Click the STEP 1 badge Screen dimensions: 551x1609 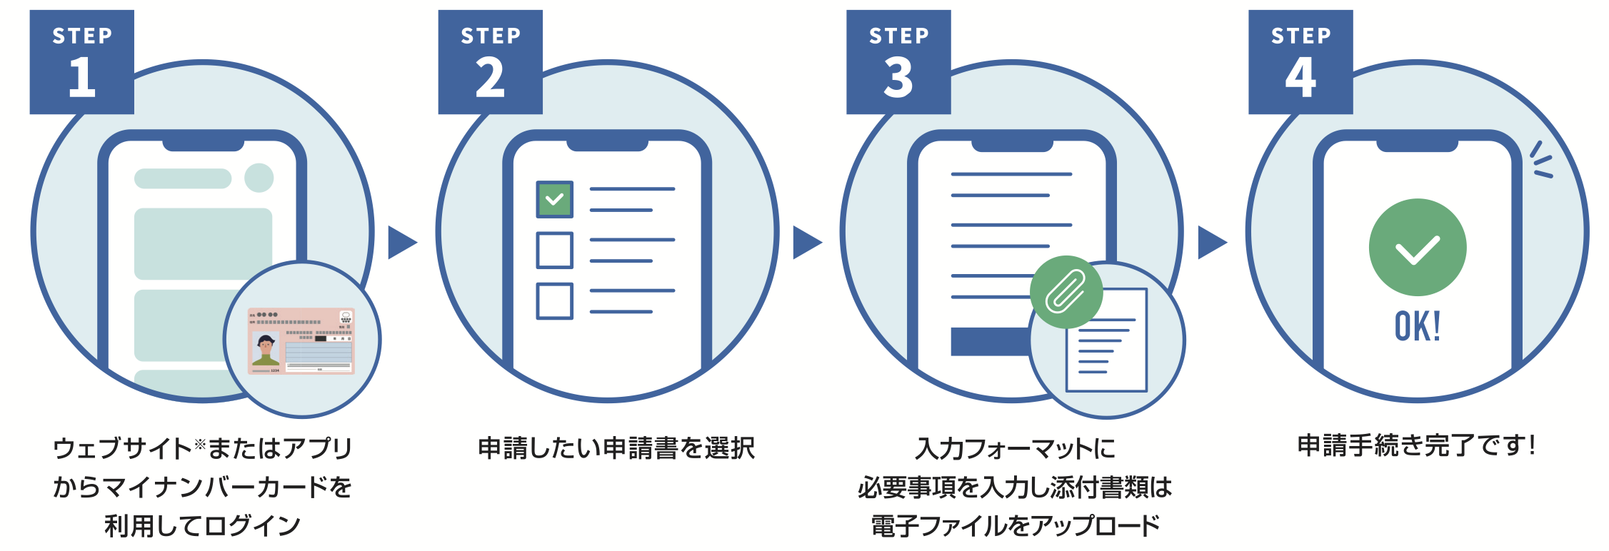pyautogui.click(x=81, y=62)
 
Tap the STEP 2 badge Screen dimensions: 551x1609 pyautogui.click(x=490, y=62)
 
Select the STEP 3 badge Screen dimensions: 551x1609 pyautogui.click(x=898, y=62)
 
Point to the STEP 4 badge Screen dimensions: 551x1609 pyautogui.click(x=1300, y=62)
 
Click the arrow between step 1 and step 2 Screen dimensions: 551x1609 pyautogui.click(x=401, y=243)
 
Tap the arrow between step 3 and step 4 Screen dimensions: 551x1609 pyautogui.click(x=1211, y=243)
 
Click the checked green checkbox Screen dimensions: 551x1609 pyautogui.click(x=554, y=199)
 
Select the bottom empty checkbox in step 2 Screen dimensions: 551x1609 pyautogui.click(x=554, y=300)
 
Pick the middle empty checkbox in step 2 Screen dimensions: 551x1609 pyautogui.click(x=554, y=250)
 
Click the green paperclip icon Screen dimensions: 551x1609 pyautogui.click(x=1066, y=291)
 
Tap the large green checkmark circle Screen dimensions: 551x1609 pyautogui.click(x=1417, y=247)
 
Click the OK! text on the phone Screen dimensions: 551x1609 pyautogui.click(x=1417, y=326)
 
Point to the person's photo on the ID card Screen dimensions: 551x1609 pyautogui.click(x=266, y=349)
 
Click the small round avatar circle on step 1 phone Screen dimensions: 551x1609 pyautogui.click(x=259, y=178)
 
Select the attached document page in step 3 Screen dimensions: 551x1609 pyautogui.click(x=1107, y=340)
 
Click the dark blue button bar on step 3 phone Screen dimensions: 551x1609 pyautogui.click(x=989, y=341)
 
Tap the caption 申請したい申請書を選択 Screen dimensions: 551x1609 pyautogui.click(x=616, y=448)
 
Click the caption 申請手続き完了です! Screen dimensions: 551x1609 pyautogui.click(x=1416, y=445)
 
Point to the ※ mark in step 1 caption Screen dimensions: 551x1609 pyautogui.click(x=199, y=445)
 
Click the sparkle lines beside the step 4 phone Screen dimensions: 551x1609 pyautogui.click(x=1541, y=161)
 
